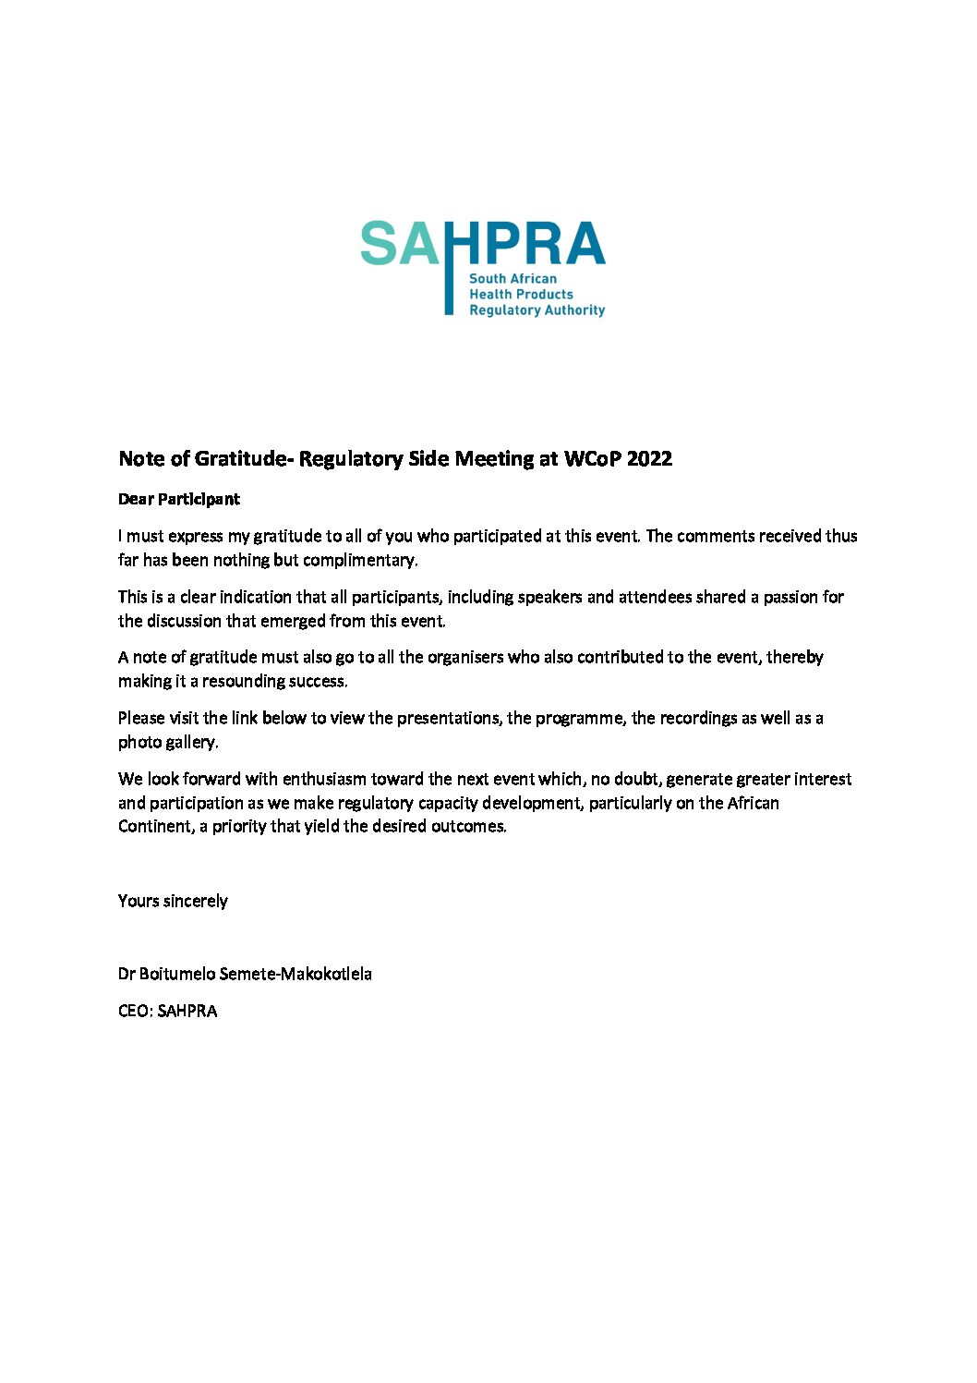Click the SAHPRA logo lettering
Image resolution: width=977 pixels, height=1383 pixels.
[482, 244]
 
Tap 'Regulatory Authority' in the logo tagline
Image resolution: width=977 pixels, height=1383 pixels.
[537, 310]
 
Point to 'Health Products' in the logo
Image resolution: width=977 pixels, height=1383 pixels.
[521, 294]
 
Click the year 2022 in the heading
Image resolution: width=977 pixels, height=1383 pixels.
[649, 458]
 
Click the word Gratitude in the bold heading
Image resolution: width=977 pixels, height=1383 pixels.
[238, 458]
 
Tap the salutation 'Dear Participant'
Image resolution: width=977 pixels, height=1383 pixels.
[179, 499]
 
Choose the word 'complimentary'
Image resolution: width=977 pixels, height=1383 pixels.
[360, 560]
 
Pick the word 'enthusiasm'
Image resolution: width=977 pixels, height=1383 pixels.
[324, 779]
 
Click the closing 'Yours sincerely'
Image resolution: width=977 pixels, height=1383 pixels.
[173, 901]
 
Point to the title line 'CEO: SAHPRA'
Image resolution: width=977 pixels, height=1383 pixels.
[168, 1011]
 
